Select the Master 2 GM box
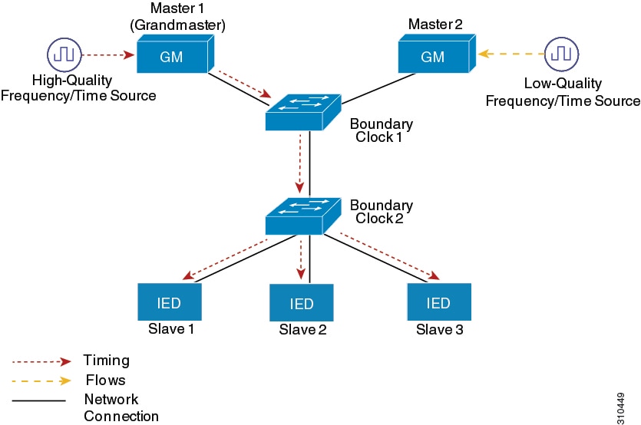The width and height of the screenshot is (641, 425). point(431,56)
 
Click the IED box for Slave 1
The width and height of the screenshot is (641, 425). point(169,303)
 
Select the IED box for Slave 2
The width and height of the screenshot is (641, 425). point(302,304)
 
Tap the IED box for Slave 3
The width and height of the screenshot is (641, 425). point(438,303)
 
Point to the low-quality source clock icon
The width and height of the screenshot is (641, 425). point(562,54)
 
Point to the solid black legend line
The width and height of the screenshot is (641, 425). point(38,400)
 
